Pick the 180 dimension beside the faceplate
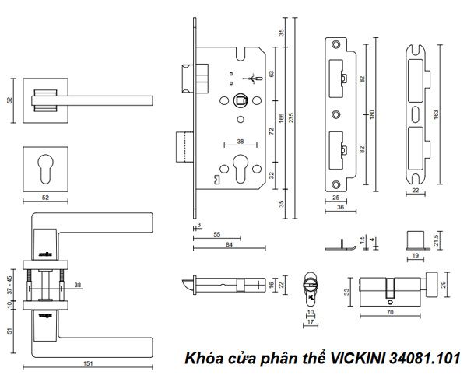(373, 114)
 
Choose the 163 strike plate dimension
(435, 114)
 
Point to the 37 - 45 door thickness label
(9, 283)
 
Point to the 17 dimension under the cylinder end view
(310, 320)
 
